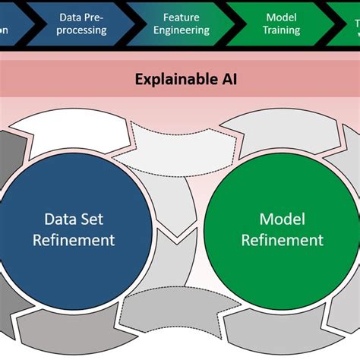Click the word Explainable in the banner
pyautogui.click(x=171, y=78)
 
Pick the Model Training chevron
pyautogui.click(x=281, y=24)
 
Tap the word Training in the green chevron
pyautogui.click(x=282, y=30)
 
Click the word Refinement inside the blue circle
pyautogui.click(x=74, y=240)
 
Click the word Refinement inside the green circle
pyautogui.click(x=282, y=240)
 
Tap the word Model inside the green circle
pyautogui.click(x=282, y=219)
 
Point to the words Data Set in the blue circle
pyautogui.click(x=74, y=219)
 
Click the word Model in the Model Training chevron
pyautogui.click(x=282, y=17)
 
